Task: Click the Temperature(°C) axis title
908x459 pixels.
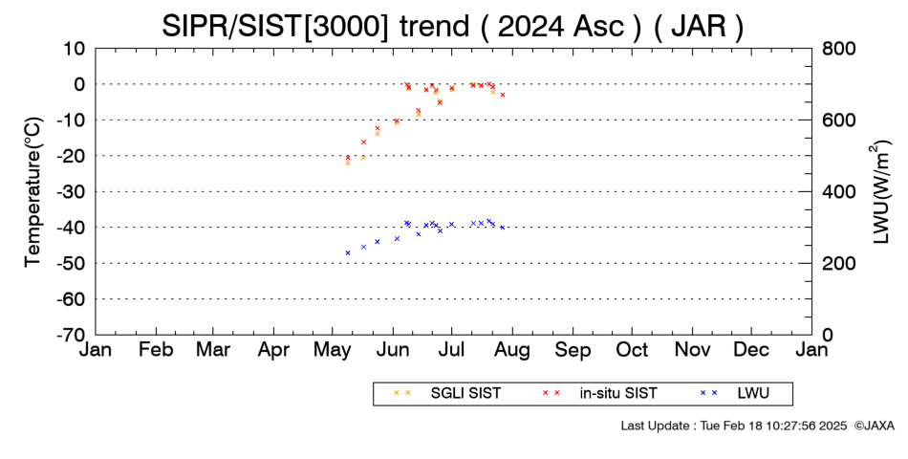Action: pos(34,192)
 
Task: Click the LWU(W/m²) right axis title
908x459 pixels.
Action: pos(879,192)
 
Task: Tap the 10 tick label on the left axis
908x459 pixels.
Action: pos(75,49)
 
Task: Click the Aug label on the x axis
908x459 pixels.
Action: pos(512,351)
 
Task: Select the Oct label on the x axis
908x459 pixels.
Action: pos(633,350)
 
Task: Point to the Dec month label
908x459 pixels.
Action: pos(751,350)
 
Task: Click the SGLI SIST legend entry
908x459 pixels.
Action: pos(447,394)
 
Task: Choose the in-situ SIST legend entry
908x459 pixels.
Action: pos(599,394)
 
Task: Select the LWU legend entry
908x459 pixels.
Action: pos(735,394)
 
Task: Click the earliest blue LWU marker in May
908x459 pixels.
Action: pos(348,252)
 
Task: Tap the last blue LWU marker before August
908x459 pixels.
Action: pos(503,228)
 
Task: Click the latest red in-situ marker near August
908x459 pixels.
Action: pos(503,95)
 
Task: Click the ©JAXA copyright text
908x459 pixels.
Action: pos(874,426)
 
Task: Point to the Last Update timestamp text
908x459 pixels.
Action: pos(734,426)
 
